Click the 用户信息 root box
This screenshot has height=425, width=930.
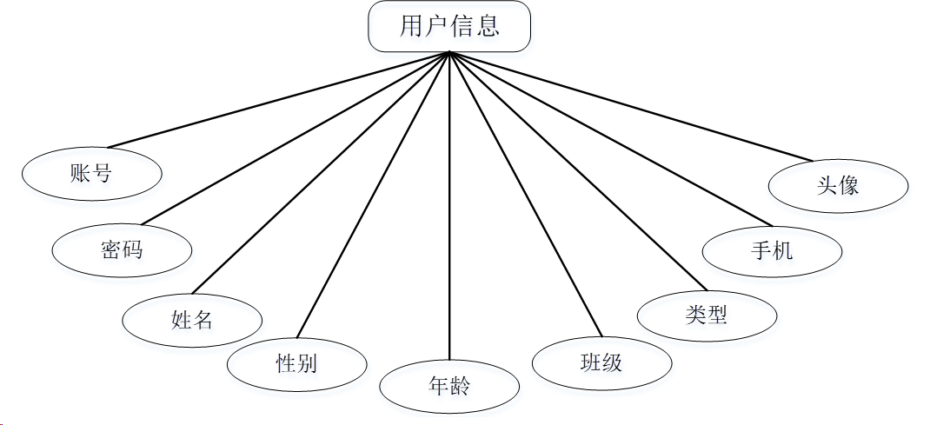[449, 26]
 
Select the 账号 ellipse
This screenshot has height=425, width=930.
[91, 172]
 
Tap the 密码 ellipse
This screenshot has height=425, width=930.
[122, 250]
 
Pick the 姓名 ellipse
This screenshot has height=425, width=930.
[192, 319]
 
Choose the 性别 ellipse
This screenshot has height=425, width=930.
[296, 362]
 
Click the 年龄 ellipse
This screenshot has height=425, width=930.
[449, 385]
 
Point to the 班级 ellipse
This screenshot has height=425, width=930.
[601, 362]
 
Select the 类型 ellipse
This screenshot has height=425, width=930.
[707, 315]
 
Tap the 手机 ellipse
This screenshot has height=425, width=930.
[772, 251]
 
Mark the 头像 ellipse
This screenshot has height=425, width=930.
[839, 185]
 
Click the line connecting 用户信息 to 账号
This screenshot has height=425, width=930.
[278, 99]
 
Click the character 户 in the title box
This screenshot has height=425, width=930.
[436, 26]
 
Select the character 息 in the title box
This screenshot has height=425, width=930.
[488, 26]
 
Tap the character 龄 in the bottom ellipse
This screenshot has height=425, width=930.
[461, 385]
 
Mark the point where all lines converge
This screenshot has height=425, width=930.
[449, 53]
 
